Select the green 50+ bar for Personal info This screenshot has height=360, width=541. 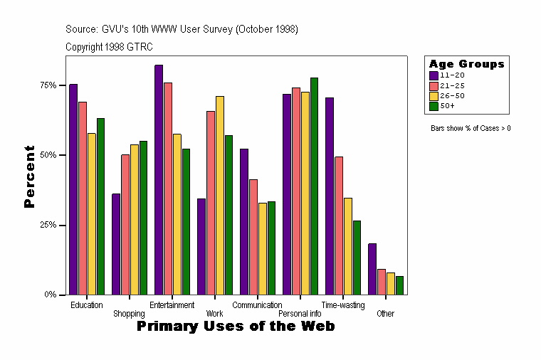(x=314, y=186)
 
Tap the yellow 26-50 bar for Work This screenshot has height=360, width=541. (x=220, y=195)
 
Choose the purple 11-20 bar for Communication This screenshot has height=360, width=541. (x=244, y=221)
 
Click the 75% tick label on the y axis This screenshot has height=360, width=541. (x=48, y=85)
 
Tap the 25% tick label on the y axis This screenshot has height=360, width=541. (x=48, y=225)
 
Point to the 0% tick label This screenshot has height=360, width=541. (x=50, y=295)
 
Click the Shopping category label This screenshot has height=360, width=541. (x=130, y=314)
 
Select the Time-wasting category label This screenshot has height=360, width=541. (x=343, y=305)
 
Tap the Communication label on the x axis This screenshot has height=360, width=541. (x=258, y=305)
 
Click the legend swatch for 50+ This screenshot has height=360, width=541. (x=433, y=106)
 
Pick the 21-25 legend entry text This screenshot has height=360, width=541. (x=452, y=85)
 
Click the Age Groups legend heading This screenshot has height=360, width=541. (x=466, y=64)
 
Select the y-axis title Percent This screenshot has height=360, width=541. (x=29, y=176)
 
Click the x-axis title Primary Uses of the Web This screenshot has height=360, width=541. (x=236, y=326)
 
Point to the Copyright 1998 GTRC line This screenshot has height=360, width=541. (x=109, y=47)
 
